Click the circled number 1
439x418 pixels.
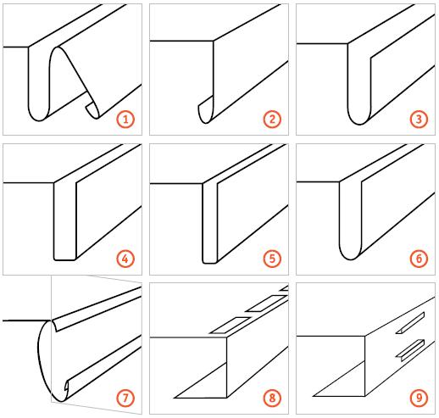click(x=125, y=119)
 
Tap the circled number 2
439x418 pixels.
click(x=272, y=119)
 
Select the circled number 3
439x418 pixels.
click(x=419, y=119)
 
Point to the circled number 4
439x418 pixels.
click(x=125, y=259)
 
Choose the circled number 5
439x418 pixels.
click(x=272, y=259)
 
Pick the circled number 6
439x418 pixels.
click(x=419, y=259)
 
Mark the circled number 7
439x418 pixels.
click(x=125, y=398)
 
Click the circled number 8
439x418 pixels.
click(x=272, y=398)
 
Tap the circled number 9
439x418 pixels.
click(x=419, y=398)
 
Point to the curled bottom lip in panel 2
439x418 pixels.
click(x=206, y=111)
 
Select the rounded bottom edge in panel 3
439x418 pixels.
click(x=359, y=119)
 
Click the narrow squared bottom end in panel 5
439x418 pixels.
click(x=210, y=261)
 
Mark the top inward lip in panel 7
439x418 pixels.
click(x=56, y=326)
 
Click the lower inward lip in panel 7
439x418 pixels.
click(x=67, y=385)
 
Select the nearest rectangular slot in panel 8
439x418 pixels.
click(x=230, y=325)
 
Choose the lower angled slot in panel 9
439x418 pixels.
click(x=410, y=350)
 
